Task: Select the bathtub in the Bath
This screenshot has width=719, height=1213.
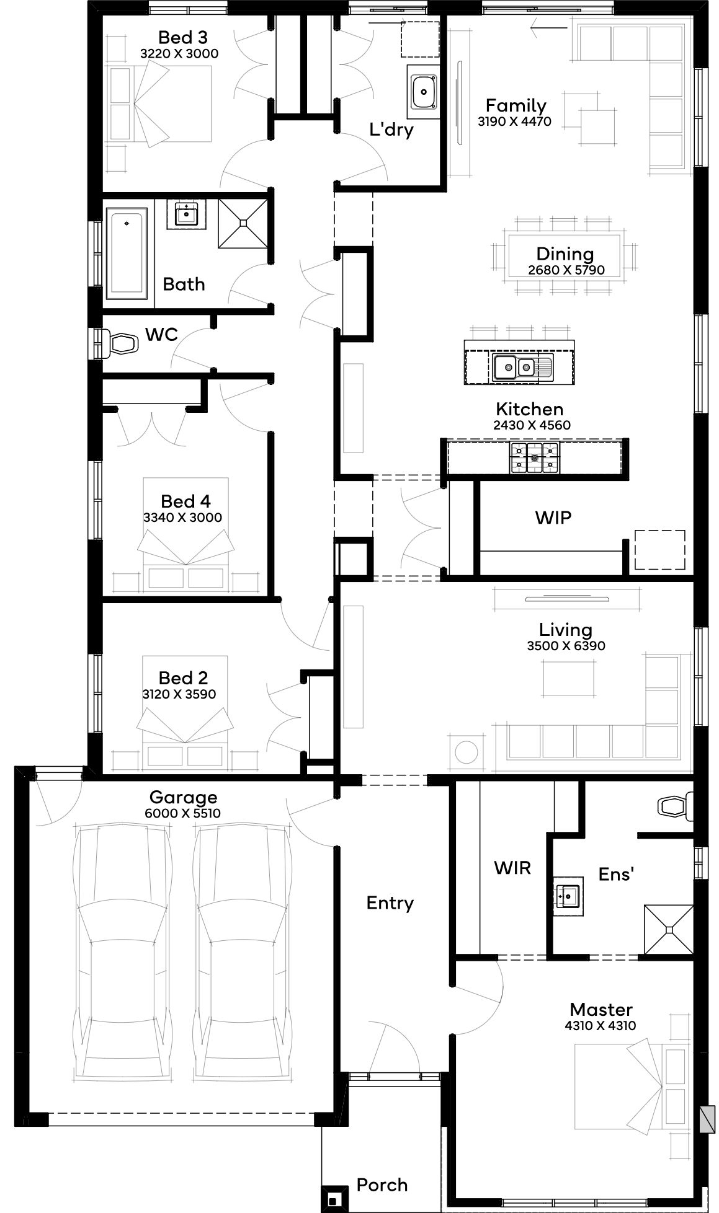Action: (127, 250)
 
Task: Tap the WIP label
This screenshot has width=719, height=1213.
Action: (553, 518)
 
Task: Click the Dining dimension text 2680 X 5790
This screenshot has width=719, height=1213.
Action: (566, 270)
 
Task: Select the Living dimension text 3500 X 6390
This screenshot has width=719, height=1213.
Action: (566, 646)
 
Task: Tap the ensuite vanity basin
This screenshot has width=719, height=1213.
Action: (569, 895)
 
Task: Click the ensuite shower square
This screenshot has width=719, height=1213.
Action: (669, 930)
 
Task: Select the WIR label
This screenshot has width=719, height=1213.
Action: (512, 868)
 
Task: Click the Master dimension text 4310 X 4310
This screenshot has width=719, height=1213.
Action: (601, 1026)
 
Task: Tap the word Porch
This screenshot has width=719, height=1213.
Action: (382, 1185)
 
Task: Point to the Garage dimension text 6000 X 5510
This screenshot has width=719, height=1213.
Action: (183, 814)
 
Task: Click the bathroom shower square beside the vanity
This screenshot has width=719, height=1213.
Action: (243, 223)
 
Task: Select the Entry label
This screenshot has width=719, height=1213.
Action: (390, 904)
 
